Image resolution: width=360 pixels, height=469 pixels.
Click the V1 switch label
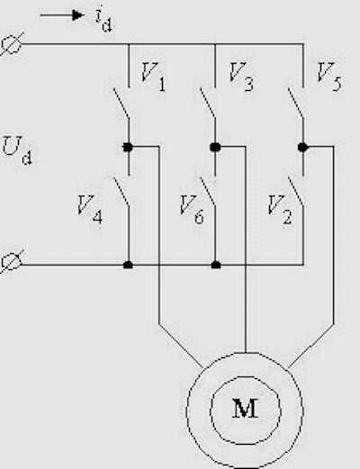(x=153, y=77)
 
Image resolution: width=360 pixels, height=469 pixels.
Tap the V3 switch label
(x=241, y=77)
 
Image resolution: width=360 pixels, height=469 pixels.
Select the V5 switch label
(x=329, y=77)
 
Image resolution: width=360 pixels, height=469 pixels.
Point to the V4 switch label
(x=90, y=210)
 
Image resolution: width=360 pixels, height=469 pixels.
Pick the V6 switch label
(x=192, y=210)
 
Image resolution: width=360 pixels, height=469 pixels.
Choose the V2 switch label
(x=280, y=210)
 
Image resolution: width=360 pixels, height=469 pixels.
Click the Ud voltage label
(x=17, y=150)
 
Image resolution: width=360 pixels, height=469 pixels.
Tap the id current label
(x=103, y=20)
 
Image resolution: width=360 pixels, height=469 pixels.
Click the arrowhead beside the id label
(x=77, y=15)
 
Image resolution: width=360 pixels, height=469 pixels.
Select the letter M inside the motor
(x=246, y=409)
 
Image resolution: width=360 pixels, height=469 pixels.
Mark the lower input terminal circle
(x=11, y=262)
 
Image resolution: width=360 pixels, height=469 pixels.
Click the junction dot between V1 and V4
(x=128, y=147)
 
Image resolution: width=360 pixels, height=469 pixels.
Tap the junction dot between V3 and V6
(x=215, y=147)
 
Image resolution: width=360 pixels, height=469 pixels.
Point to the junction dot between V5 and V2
(x=303, y=147)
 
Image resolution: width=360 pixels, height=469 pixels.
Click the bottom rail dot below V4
(x=128, y=265)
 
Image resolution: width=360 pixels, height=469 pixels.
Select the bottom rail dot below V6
(x=216, y=265)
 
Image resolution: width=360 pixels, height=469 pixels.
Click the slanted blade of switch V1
(x=121, y=103)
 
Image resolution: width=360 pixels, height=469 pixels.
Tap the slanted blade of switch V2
(x=296, y=191)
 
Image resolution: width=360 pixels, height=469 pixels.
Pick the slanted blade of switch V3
(x=208, y=103)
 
